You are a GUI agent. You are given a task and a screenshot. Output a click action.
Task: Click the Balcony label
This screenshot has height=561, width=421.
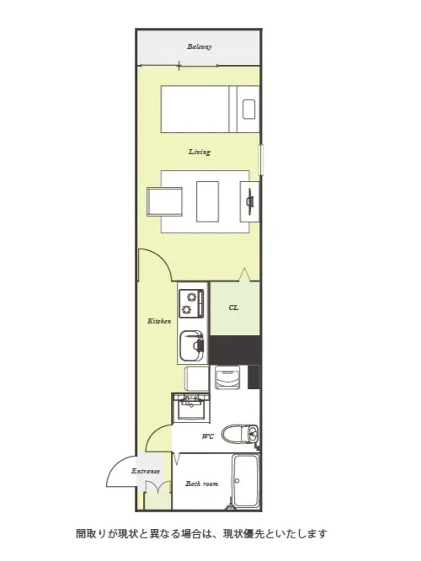(200, 46)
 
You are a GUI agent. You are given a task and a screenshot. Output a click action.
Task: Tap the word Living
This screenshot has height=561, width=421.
(200, 152)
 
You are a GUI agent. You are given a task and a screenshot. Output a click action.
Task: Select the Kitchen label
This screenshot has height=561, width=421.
(159, 321)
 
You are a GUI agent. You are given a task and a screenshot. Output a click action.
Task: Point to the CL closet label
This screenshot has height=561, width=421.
(233, 307)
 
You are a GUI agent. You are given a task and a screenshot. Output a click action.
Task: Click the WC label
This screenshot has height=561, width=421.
(208, 436)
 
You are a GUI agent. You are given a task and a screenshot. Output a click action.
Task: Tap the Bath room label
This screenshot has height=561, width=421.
(202, 484)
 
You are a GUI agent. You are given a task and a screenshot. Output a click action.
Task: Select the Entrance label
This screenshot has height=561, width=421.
(146, 471)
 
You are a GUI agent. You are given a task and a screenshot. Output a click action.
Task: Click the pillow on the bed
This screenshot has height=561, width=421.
(248, 110)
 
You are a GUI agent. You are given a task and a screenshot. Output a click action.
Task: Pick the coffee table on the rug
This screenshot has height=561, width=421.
(207, 201)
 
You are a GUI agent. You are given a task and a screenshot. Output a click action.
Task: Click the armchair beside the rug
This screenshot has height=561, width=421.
(164, 202)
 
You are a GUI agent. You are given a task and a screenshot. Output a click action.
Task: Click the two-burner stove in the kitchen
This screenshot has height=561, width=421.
(191, 302)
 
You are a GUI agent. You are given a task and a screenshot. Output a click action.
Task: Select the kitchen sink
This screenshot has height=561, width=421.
(191, 346)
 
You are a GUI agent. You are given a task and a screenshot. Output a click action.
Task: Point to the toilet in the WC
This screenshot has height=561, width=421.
(240, 435)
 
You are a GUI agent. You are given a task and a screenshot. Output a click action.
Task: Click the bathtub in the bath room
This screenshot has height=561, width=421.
(245, 480)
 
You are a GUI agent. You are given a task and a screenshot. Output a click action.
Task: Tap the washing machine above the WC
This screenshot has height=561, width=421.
(227, 377)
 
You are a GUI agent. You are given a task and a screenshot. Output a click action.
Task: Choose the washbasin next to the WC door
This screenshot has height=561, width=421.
(191, 408)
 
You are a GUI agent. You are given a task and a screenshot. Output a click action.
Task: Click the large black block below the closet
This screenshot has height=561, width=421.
(235, 350)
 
